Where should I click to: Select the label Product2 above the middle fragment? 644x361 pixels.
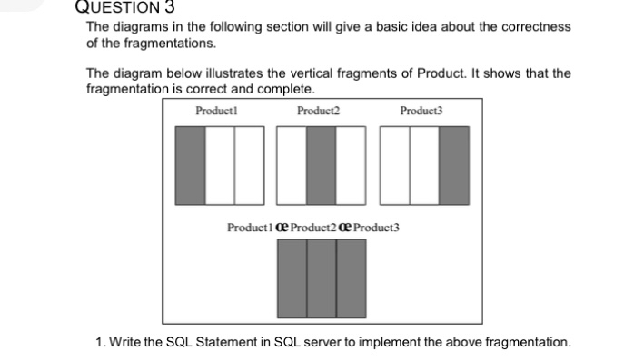pos(318,111)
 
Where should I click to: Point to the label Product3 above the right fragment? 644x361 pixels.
pos(421,111)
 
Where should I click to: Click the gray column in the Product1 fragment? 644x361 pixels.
pos(190,163)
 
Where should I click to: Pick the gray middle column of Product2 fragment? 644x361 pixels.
pos(321,163)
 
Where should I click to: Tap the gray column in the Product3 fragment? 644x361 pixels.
pos(454,163)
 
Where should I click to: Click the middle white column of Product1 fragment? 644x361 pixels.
pos(220,163)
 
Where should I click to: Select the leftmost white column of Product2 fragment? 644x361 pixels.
pos(292,163)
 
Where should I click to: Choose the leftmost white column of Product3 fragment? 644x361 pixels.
pos(394,163)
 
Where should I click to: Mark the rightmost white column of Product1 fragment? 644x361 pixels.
pos(249,163)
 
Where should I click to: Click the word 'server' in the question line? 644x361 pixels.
pos(314,342)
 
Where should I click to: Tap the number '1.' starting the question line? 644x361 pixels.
pos(101,342)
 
